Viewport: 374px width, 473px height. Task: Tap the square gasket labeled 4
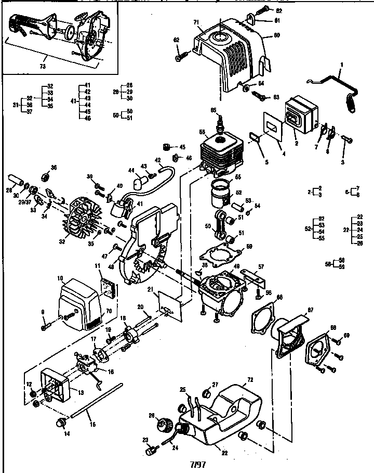[x=272, y=129]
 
